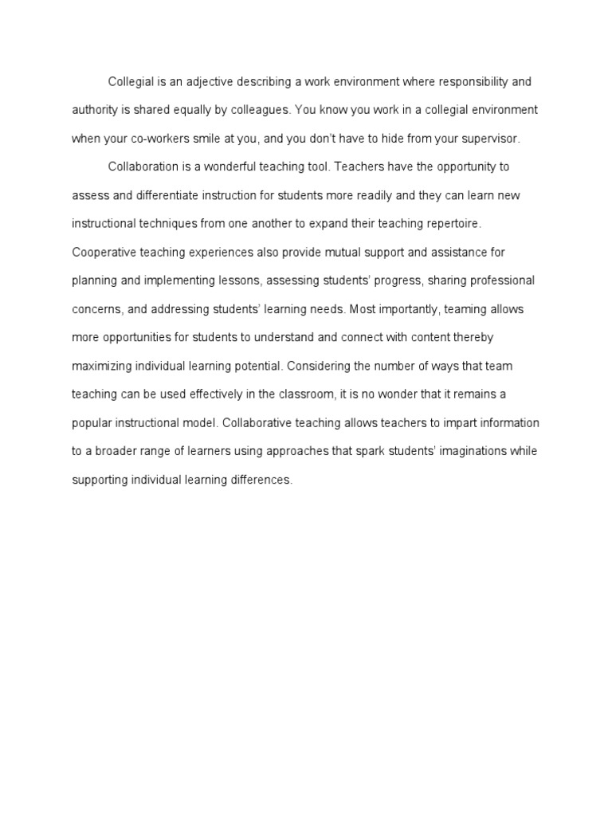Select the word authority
point(95,109)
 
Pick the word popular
point(91,422)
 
